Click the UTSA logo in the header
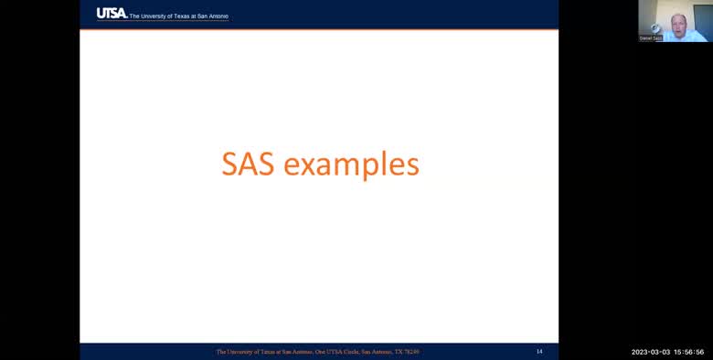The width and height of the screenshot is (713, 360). (x=112, y=13)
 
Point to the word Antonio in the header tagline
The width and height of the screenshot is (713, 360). (x=218, y=16)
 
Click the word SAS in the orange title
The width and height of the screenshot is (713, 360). (x=249, y=164)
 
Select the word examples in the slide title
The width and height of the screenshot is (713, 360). (x=351, y=165)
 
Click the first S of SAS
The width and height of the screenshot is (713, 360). (x=231, y=164)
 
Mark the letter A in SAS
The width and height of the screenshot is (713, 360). (x=249, y=164)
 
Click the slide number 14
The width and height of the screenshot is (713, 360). (x=539, y=352)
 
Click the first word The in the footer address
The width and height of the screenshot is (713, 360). (x=221, y=352)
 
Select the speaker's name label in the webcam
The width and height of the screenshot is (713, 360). (x=650, y=38)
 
